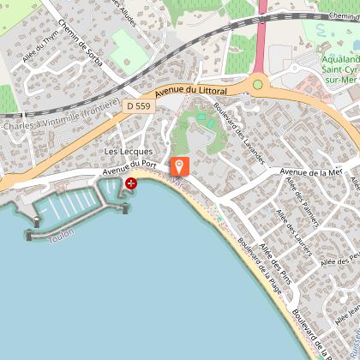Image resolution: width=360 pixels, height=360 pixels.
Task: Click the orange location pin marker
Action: (x=180, y=166)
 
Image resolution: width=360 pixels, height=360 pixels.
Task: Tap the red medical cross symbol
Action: (x=131, y=183)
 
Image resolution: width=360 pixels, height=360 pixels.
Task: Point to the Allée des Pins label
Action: (x=276, y=260)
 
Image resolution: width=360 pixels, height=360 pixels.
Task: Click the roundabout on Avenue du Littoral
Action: (x=257, y=84)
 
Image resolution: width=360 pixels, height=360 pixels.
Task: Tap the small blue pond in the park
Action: (x=201, y=117)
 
